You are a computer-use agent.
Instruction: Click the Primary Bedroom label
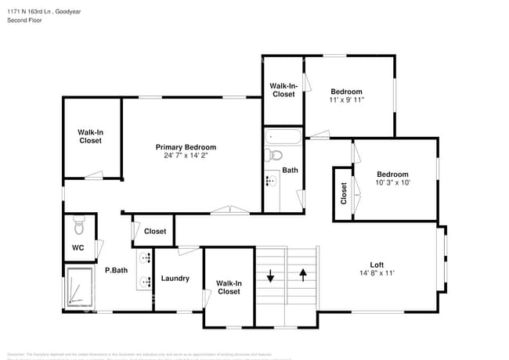point(186,147)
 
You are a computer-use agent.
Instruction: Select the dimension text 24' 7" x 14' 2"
point(186,156)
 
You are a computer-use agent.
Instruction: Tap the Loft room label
point(377,265)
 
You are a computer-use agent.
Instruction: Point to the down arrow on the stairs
point(270,276)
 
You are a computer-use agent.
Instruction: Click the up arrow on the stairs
point(303,275)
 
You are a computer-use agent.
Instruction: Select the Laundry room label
point(175,279)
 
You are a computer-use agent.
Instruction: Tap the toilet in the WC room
point(76,227)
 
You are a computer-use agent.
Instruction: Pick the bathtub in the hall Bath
point(282,138)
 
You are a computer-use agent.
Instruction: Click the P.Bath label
point(117,271)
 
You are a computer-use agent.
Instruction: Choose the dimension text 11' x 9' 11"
point(346,100)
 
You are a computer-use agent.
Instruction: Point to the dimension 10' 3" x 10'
point(392,183)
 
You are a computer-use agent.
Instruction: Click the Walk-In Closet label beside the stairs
point(229,287)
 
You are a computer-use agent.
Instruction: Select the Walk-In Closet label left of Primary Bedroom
point(90,136)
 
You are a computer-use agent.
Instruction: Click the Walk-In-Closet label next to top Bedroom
point(283,90)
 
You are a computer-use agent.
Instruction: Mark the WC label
point(78,248)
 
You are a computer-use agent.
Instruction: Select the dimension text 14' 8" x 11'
point(377,273)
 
